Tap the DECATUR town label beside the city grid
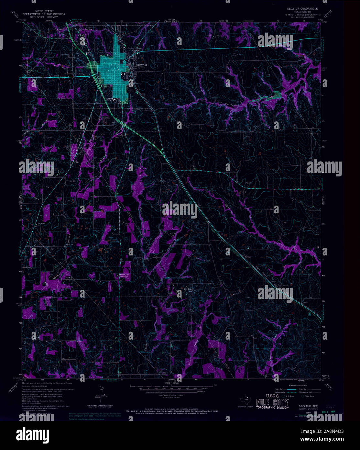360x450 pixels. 141,65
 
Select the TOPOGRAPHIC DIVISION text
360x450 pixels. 272,407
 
